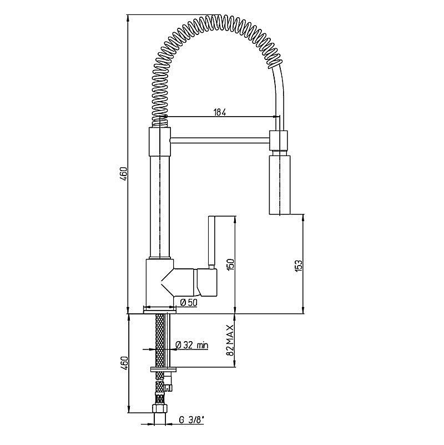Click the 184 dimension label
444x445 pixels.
[x=219, y=112]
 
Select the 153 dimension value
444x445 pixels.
[x=299, y=266]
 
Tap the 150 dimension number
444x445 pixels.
[x=231, y=264]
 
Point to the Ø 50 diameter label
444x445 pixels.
[x=189, y=303]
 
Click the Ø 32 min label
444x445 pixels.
[x=192, y=345]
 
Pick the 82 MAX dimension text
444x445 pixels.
[x=230, y=340]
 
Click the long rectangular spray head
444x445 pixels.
[x=280, y=184]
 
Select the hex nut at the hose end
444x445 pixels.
[x=160, y=409]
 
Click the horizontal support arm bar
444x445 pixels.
[x=220, y=139]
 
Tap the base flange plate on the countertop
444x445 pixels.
[x=160, y=311]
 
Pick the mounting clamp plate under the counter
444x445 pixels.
[x=163, y=369]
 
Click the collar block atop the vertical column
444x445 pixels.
[x=160, y=142]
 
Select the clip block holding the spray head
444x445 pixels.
[x=279, y=140]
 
